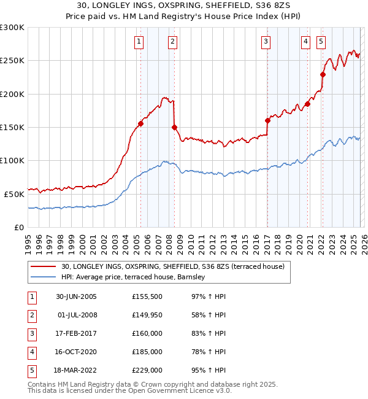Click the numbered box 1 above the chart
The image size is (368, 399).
(139, 42)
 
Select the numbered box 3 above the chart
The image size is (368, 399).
(266, 42)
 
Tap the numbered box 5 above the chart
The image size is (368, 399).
(321, 42)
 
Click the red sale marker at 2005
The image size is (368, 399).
(140, 123)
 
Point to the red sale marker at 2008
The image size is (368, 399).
(174, 127)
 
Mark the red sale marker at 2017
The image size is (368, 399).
(267, 120)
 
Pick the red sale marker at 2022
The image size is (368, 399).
(323, 74)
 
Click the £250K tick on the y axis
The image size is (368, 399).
(12, 61)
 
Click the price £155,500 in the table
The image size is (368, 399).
(147, 296)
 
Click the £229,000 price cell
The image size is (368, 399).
(147, 370)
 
